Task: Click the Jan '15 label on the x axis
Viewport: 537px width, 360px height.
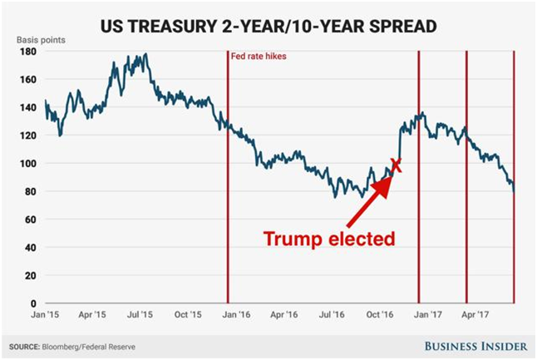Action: coord(47,316)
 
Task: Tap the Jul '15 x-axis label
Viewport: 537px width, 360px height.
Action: coord(140,316)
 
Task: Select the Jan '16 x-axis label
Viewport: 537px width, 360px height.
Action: coord(236,316)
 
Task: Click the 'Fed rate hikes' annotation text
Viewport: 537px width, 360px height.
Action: coord(255,59)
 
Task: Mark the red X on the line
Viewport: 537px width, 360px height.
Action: coord(396,165)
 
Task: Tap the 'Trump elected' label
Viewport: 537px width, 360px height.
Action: coord(328,239)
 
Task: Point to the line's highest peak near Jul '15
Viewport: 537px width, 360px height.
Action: coord(146,55)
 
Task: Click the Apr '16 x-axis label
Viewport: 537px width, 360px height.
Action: coord(284,316)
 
